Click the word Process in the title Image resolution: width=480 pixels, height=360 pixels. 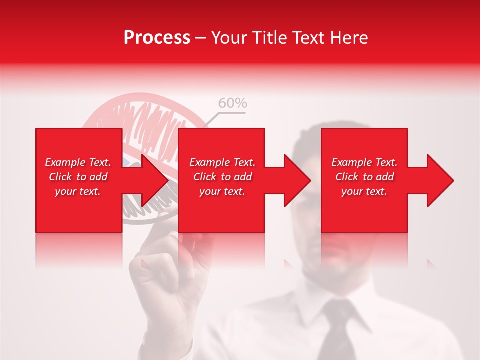[x=157, y=38]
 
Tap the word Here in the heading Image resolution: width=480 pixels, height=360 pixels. [x=349, y=38]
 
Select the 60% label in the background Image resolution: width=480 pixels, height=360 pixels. [x=232, y=103]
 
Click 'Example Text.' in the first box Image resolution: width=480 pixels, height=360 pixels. [x=78, y=162]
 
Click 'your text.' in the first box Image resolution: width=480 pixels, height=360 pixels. [x=78, y=191]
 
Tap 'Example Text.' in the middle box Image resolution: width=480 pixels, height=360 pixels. [x=222, y=162]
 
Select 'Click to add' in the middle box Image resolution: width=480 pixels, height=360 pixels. [x=222, y=177]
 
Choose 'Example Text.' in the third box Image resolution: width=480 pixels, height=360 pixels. [x=364, y=162]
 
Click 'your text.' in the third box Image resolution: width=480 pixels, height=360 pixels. [x=364, y=191]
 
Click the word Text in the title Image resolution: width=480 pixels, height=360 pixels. [x=305, y=38]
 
